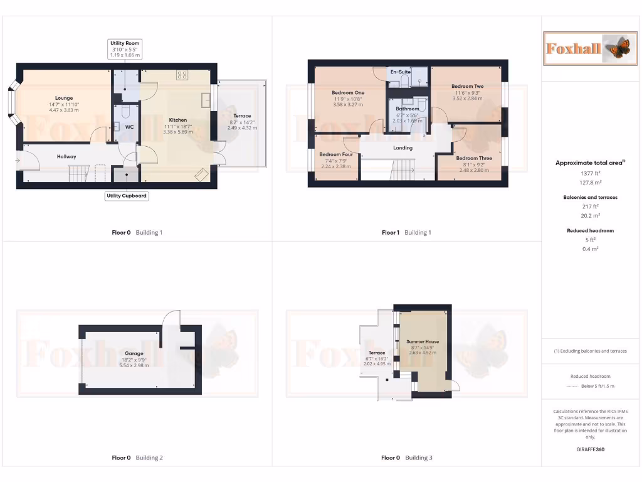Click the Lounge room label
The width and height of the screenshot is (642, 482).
click(64, 98)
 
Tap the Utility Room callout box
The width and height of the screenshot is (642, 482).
click(124, 49)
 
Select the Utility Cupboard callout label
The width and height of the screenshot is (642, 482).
click(127, 196)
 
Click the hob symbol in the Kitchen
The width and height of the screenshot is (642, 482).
click(182, 75)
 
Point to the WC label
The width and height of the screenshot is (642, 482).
click(129, 127)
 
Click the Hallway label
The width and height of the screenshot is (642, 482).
click(66, 156)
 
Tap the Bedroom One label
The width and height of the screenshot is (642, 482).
click(348, 92)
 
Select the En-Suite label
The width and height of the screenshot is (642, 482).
click(401, 72)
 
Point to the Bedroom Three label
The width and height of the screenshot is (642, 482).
click(474, 158)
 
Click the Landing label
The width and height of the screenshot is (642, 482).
click(403, 148)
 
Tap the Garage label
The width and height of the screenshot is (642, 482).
click(134, 353)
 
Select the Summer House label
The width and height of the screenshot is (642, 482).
click(423, 341)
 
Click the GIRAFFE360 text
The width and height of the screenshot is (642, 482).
click(590, 449)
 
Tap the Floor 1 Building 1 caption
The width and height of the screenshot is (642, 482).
click(406, 233)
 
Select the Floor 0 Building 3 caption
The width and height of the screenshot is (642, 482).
click(406, 458)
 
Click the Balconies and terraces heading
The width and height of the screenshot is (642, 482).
click(590, 197)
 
